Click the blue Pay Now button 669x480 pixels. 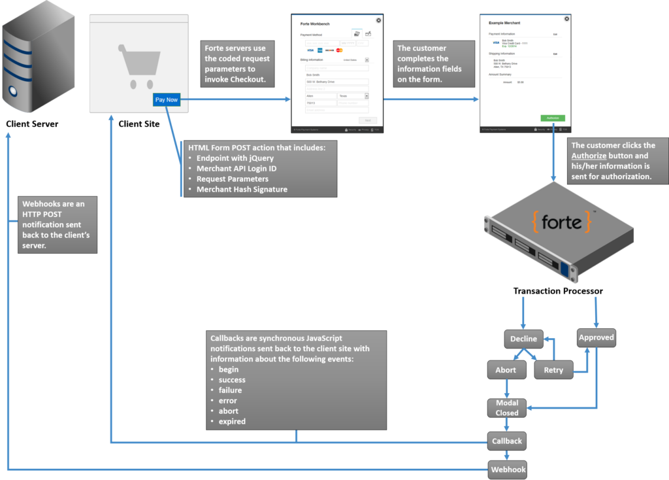coord(166,100)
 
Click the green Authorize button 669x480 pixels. coord(552,118)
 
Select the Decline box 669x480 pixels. coord(523,339)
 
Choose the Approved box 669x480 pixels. coord(596,337)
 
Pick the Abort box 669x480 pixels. coord(506,370)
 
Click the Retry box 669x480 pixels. coord(553,370)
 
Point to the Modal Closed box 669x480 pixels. coord(507,408)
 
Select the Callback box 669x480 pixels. coord(507,441)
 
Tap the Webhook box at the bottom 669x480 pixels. coord(508,470)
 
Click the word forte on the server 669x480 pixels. coord(561,222)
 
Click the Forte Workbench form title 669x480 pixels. coord(315,24)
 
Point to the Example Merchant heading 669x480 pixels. coord(504,23)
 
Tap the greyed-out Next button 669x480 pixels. coord(367,120)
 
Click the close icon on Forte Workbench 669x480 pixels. coord(378,20)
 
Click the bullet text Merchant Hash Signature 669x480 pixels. coord(242,190)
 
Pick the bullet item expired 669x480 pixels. coord(232,422)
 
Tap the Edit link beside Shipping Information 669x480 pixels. coord(555,54)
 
